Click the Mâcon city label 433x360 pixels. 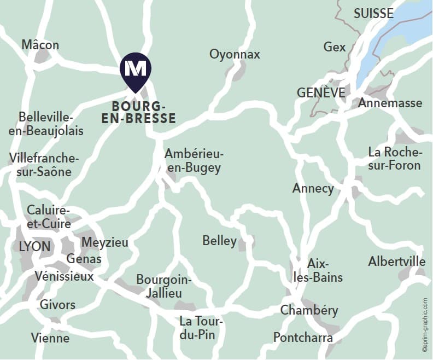point(40,45)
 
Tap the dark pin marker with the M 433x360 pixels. point(136,70)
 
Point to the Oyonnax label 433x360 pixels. point(235,54)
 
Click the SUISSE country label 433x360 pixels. point(373,14)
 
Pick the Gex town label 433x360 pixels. point(335,47)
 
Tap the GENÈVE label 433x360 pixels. point(321,92)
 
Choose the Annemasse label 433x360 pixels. point(390,103)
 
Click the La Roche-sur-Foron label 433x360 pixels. point(395,158)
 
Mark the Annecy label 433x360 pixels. point(313,189)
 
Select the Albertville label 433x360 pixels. point(397,262)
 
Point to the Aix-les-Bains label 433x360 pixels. point(318,270)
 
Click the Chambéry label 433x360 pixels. point(309,311)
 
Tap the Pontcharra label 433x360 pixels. point(303,337)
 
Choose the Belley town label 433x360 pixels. point(219,241)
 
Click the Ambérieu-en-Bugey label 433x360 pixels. point(194,161)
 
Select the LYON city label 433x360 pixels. point(34,246)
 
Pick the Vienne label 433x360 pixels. point(50,338)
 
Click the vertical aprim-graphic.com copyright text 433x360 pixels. point(425,323)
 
